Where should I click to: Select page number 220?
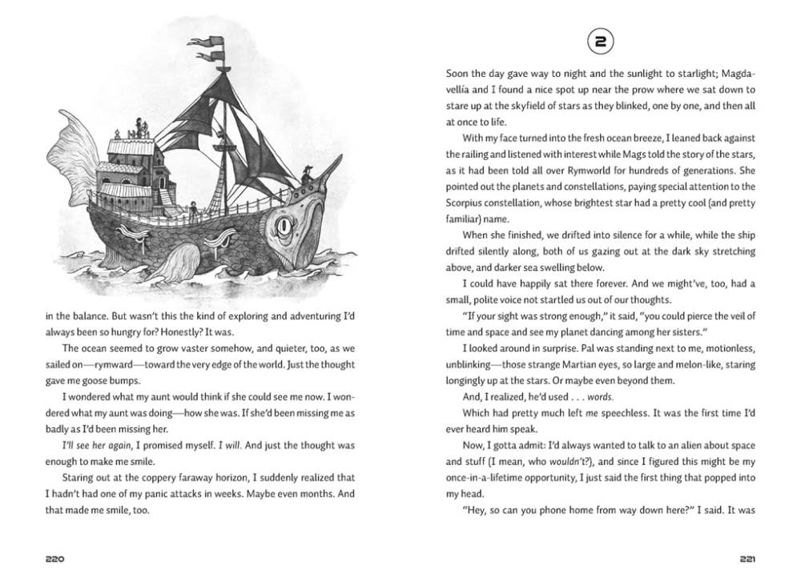[x=55, y=559]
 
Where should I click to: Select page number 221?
[x=745, y=559]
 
